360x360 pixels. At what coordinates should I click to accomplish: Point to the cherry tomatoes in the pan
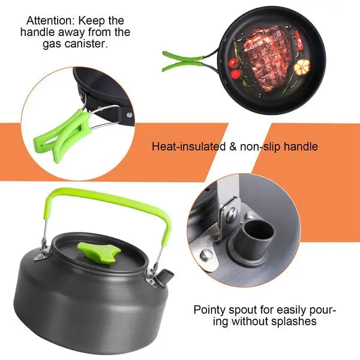point(236,68)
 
